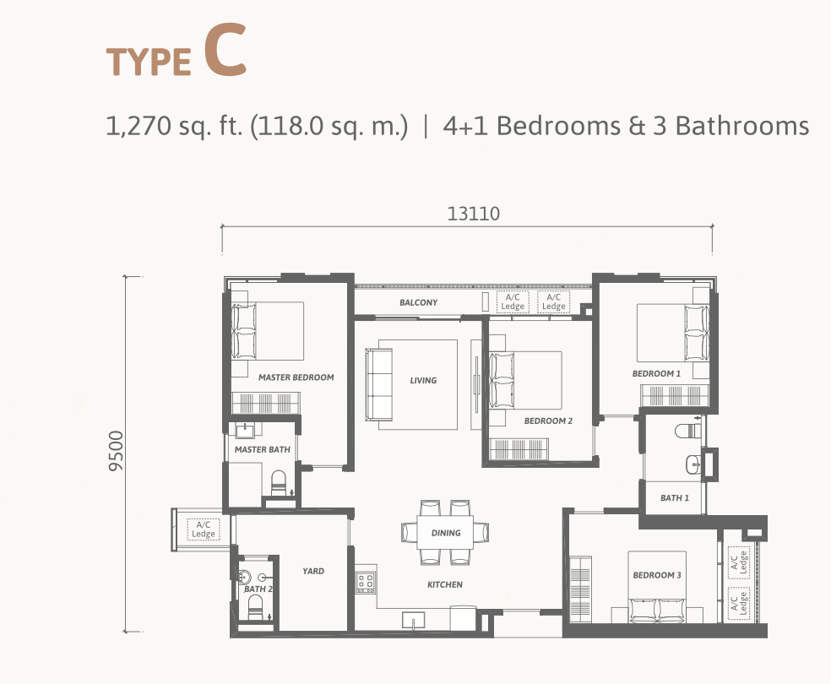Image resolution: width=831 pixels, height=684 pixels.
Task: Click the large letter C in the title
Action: (x=225, y=51)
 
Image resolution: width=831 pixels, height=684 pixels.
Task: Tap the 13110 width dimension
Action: (x=473, y=214)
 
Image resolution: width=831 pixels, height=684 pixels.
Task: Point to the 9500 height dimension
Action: (x=116, y=451)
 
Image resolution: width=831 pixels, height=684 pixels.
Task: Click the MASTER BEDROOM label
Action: (x=296, y=377)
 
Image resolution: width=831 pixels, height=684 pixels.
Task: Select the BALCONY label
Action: (x=419, y=302)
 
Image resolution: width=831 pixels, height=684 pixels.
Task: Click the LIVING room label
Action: (x=423, y=380)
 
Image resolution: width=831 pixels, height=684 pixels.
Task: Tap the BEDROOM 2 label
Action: (x=549, y=421)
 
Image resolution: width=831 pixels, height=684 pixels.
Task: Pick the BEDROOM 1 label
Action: (x=657, y=373)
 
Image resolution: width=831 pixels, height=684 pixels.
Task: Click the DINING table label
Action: (x=446, y=533)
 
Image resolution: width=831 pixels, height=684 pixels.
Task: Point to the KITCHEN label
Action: (x=445, y=584)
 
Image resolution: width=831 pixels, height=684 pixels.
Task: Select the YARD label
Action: (x=313, y=571)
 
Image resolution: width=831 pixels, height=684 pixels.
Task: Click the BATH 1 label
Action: (x=675, y=497)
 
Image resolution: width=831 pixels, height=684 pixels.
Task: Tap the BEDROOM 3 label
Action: (x=657, y=575)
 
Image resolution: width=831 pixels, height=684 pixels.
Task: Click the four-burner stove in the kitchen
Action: (x=366, y=582)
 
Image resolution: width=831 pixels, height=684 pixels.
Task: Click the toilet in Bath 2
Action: (x=255, y=606)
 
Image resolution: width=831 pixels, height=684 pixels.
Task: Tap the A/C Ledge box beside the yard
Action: (x=204, y=529)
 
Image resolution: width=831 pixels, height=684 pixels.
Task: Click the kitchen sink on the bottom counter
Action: (x=414, y=621)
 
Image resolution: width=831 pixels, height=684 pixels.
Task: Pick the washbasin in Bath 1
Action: (x=692, y=464)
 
